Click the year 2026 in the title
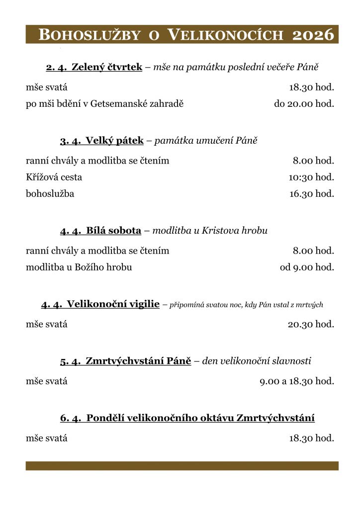(x=313, y=35)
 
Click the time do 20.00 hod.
(x=304, y=104)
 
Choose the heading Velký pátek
(x=114, y=141)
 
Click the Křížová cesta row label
(x=54, y=177)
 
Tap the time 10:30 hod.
(x=311, y=177)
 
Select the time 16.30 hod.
(x=311, y=193)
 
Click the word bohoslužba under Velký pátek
(x=50, y=193)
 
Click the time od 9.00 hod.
(x=307, y=267)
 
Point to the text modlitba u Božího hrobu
(x=79, y=267)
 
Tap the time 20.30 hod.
(x=311, y=325)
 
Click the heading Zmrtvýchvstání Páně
(x=138, y=361)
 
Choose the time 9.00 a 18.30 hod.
(x=297, y=382)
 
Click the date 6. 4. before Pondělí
(x=71, y=418)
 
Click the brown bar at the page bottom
(x=182, y=466)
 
